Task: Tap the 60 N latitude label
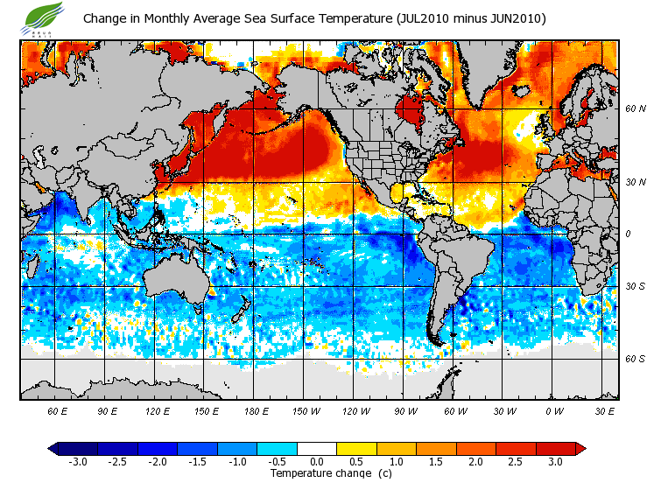pyautogui.click(x=635, y=109)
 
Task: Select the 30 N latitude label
pyautogui.click(x=635, y=182)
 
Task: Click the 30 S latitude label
pyautogui.click(x=635, y=287)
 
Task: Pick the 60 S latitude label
pyautogui.click(x=635, y=359)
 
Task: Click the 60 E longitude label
pyautogui.click(x=57, y=410)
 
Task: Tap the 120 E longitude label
pyautogui.click(x=157, y=410)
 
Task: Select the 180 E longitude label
pyautogui.click(x=257, y=410)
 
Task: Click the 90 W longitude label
pyautogui.click(x=405, y=410)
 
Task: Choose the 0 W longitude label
pyautogui.click(x=554, y=410)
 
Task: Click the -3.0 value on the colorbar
pyautogui.click(x=77, y=462)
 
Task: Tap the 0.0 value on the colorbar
pyautogui.click(x=317, y=462)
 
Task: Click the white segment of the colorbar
pyautogui.click(x=316, y=449)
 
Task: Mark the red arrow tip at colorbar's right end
pyautogui.click(x=580, y=449)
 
